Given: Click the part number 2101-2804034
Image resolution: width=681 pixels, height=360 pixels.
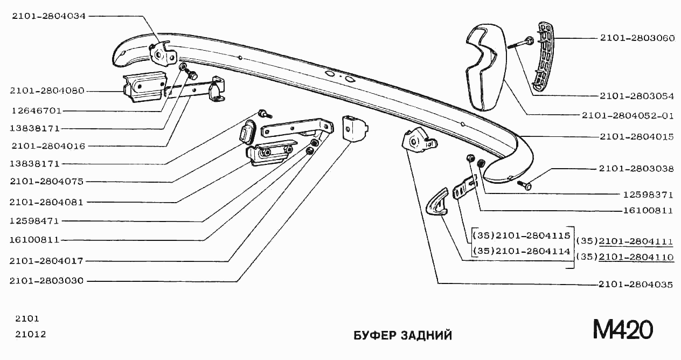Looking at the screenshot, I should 49,16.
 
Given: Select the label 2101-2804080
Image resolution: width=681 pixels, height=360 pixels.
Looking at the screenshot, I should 47,91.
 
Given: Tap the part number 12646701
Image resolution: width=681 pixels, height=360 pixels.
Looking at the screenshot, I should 36,110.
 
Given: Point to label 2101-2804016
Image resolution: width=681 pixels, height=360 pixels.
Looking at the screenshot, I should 47,146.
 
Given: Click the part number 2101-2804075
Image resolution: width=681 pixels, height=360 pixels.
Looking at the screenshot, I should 47,182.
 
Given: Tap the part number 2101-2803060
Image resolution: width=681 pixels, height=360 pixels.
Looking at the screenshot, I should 636,38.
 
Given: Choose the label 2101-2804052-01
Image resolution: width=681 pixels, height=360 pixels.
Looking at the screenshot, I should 627,115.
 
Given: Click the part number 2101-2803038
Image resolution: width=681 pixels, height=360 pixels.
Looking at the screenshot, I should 636,169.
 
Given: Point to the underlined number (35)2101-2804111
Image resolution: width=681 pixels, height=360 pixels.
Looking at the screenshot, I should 624,241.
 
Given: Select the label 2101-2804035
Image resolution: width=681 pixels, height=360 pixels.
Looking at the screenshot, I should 636,284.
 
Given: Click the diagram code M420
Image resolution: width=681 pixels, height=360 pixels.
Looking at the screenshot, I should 623,329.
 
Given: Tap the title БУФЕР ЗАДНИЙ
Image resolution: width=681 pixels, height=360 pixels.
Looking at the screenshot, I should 402,336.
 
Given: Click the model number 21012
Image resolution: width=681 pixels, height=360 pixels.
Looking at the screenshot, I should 30,334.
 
